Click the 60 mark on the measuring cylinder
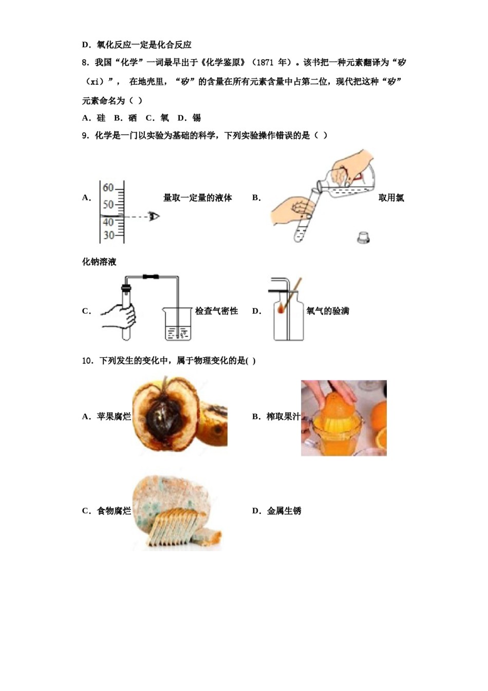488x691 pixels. (108, 188)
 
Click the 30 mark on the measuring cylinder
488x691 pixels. (108, 235)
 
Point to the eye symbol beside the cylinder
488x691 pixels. (154, 216)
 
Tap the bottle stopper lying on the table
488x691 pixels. (364, 237)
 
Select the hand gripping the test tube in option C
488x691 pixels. (119, 315)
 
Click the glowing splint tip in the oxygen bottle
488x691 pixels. (281, 310)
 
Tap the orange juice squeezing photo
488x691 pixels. (344, 418)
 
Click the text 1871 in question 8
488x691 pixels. (265, 62)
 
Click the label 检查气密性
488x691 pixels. (216, 311)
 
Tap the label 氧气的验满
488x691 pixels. (328, 311)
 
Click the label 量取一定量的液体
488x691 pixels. (198, 198)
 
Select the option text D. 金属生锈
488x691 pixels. (277, 511)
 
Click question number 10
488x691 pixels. (87, 361)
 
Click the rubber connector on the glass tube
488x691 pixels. (151, 277)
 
